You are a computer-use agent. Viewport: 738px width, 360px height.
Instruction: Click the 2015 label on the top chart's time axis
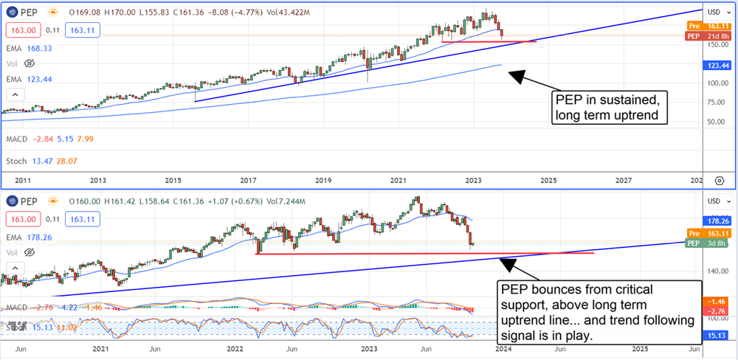point(173,179)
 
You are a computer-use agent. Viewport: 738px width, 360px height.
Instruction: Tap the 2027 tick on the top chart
point(624,179)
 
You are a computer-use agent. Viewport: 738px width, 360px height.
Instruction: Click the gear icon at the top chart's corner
point(720,179)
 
